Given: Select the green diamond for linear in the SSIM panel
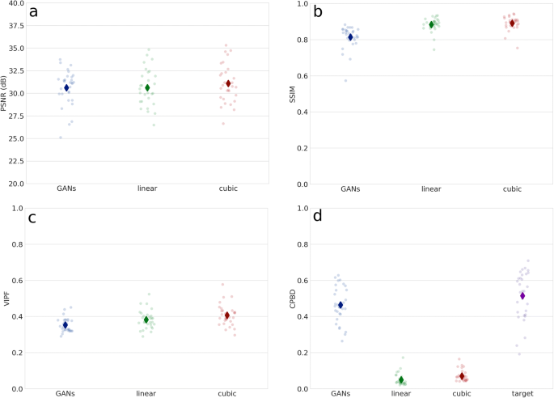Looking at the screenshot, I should click(x=432, y=24).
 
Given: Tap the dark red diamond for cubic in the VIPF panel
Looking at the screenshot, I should click(x=227, y=315).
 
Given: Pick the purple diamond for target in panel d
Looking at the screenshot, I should click(x=523, y=296).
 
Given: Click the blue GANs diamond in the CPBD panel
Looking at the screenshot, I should click(x=340, y=305).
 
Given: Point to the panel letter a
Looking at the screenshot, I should click(x=33, y=12).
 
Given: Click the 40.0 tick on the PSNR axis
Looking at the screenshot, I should click(x=15, y=3).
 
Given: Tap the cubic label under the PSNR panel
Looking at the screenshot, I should click(x=228, y=189).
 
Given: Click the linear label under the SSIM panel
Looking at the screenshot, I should click(x=432, y=189).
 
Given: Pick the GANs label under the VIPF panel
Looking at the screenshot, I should click(x=66, y=394).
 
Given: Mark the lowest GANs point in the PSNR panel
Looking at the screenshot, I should click(x=60, y=138).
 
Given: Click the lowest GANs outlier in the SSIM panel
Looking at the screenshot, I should click(x=345, y=81).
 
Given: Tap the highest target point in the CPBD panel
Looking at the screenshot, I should click(x=528, y=261).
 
